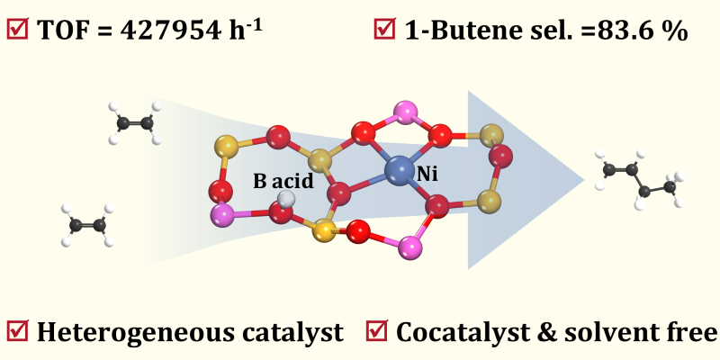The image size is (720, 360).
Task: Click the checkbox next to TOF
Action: [x=18, y=31]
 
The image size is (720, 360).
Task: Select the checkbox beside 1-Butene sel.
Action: [x=385, y=31]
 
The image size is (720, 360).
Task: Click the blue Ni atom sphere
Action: [x=398, y=170]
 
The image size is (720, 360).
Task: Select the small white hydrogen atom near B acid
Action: [x=286, y=198]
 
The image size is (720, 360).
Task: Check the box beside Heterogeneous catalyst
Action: [x=18, y=331]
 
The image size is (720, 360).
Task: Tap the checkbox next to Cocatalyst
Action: [x=378, y=331]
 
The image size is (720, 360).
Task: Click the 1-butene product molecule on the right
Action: [x=641, y=179]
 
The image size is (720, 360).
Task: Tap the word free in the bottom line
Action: [x=688, y=332]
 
